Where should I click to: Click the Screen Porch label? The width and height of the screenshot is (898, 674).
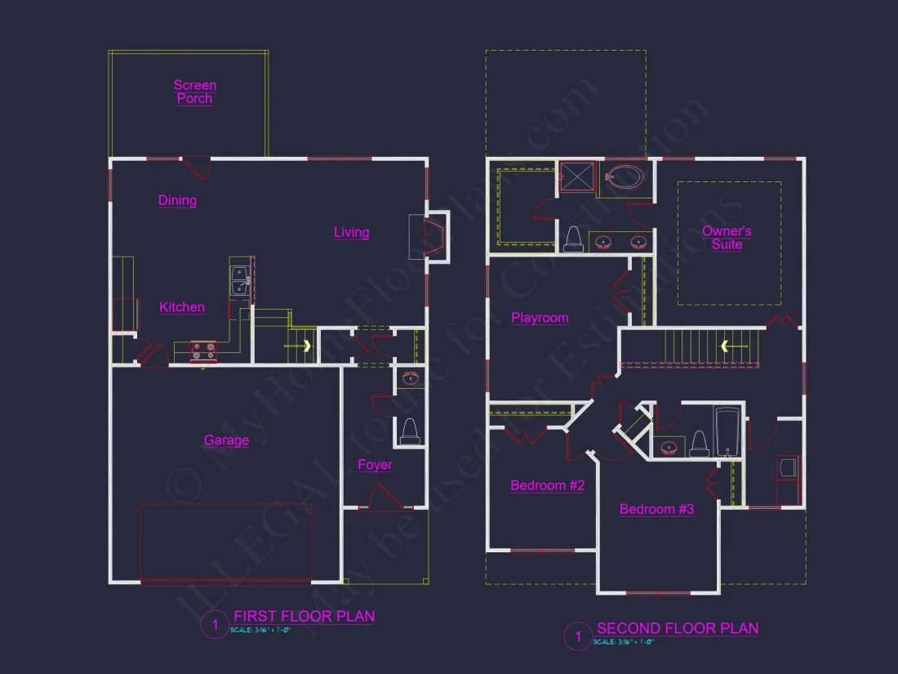[x=195, y=92]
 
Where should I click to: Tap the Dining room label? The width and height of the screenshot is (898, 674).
[x=177, y=200]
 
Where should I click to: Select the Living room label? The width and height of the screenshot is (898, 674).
[x=352, y=233]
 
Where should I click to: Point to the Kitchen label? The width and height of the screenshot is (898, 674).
[x=182, y=307]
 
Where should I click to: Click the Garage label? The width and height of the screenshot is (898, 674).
[x=226, y=440]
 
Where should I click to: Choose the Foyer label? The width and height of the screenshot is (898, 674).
[x=375, y=465]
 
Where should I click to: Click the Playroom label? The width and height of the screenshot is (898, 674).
[x=540, y=318]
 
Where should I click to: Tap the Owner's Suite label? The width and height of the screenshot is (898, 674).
[x=727, y=238]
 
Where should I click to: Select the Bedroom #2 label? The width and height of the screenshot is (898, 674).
[x=547, y=485]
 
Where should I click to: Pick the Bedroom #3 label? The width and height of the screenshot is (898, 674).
[x=656, y=509]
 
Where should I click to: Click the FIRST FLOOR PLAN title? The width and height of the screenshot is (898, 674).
[x=305, y=616]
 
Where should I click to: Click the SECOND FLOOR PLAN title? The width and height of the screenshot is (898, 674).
[x=678, y=628]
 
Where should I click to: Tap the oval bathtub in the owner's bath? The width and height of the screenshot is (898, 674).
[x=625, y=176]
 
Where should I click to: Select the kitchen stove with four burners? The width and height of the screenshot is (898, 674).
[x=204, y=350]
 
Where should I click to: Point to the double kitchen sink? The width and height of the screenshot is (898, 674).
[x=241, y=279]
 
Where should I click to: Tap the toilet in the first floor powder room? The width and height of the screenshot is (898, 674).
[x=409, y=432]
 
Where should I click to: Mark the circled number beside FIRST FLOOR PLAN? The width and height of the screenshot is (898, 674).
[x=215, y=626]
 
